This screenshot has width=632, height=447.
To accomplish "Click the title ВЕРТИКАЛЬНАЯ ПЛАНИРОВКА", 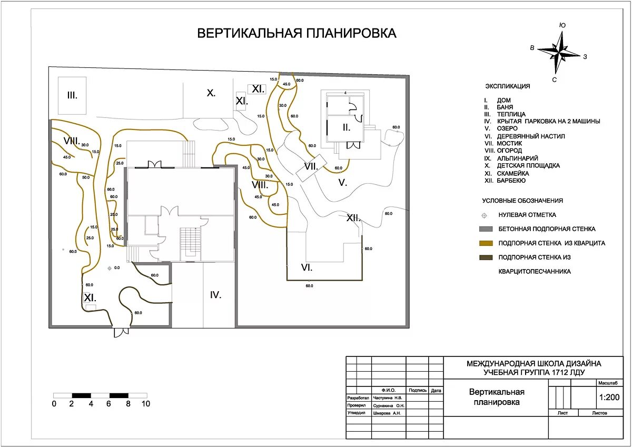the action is (297, 33).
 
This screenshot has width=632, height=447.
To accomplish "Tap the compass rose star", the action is (561, 52).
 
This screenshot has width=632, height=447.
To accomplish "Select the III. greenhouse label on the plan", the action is (72, 95).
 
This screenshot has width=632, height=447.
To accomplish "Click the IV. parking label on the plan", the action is (215, 295).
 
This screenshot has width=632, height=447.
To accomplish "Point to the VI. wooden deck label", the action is (307, 267).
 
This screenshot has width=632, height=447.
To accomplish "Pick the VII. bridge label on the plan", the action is (311, 167).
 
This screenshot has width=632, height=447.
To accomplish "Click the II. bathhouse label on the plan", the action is (346, 127).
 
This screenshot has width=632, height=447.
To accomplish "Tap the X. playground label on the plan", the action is (211, 93).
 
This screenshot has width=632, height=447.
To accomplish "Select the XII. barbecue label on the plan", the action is (353, 217).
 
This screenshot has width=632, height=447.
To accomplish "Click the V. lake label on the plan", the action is (342, 183).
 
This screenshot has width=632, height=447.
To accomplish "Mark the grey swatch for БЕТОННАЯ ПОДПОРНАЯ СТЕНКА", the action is (486, 229).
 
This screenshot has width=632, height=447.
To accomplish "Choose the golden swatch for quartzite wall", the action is (486, 243).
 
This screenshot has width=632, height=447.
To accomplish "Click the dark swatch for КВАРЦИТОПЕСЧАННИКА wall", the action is (486, 257).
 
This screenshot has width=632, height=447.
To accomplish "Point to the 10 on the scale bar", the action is (145, 404).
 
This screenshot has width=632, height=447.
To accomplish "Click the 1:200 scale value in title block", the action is (609, 398).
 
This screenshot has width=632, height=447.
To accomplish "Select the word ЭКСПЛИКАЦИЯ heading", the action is (507, 86).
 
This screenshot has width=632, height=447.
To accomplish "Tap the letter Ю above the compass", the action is (562, 25).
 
